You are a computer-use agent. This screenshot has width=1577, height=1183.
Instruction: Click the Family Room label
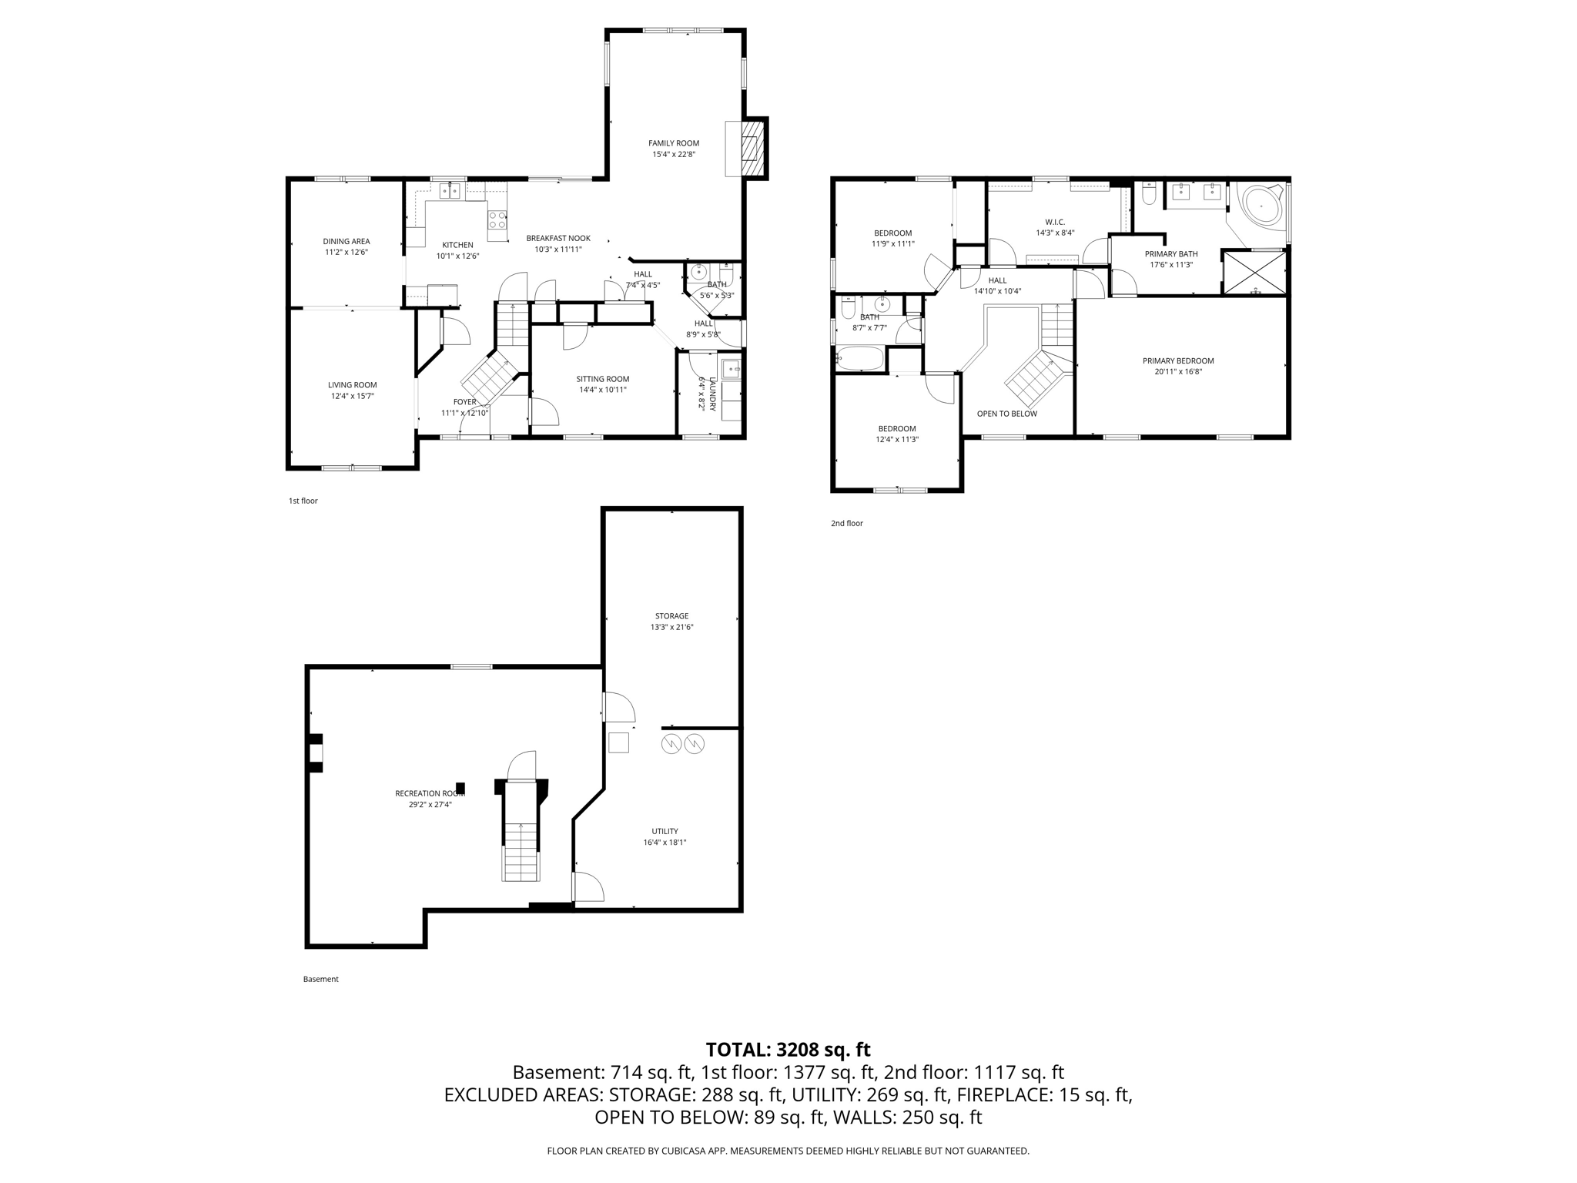(x=674, y=143)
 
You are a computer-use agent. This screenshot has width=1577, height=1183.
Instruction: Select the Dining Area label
(x=347, y=241)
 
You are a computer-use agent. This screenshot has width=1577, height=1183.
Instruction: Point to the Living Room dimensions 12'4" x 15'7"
(x=352, y=396)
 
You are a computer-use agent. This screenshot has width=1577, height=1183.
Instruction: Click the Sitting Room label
(x=603, y=379)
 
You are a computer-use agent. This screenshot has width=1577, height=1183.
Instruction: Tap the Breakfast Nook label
(x=558, y=238)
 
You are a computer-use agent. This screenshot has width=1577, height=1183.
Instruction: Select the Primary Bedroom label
(x=1178, y=360)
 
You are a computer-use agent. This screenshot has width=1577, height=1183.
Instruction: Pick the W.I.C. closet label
(x=1055, y=222)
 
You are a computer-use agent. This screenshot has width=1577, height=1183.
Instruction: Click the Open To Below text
(x=1007, y=414)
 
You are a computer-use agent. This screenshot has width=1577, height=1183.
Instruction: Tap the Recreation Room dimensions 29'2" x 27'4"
(x=430, y=805)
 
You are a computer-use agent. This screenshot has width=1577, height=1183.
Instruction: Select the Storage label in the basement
(x=671, y=616)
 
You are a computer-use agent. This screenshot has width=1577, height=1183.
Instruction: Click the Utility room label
(x=665, y=831)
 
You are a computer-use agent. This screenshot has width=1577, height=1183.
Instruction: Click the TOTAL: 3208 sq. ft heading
(x=788, y=1049)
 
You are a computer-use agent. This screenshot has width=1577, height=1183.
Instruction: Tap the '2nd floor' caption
(x=847, y=523)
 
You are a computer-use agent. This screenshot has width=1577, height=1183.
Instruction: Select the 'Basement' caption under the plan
(x=321, y=979)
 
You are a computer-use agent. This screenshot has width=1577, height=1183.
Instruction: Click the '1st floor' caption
(x=303, y=501)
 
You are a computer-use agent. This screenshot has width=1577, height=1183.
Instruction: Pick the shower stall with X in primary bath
(x=1255, y=272)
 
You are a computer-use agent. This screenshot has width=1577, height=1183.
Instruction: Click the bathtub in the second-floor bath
(x=861, y=359)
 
